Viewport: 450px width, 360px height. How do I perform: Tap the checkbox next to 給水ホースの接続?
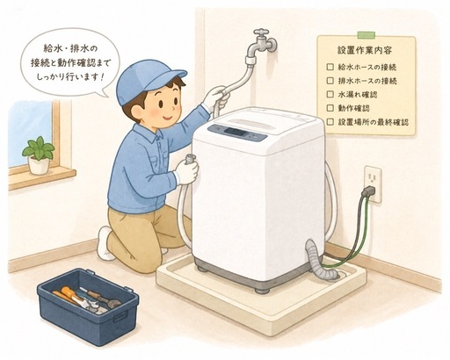(330, 67)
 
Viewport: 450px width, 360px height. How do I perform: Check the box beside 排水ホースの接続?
(330, 80)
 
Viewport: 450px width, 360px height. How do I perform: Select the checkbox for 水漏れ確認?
(330, 94)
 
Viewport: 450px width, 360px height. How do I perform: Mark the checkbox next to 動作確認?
(330, 108)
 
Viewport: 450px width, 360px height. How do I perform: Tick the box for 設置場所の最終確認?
(330, 121)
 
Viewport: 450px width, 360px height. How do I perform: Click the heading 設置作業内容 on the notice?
(365, 50)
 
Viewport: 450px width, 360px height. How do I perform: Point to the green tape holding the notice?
(366, 35)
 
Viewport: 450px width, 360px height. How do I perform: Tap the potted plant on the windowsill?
(39, 155)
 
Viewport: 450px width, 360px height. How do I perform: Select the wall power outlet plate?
(373, 184)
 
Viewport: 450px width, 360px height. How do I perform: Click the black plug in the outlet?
(369, 191)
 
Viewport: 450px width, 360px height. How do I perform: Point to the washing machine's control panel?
(237, 133)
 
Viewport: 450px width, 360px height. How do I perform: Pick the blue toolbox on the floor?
(88, 306)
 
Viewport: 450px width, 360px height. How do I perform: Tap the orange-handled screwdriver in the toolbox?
(69, 295)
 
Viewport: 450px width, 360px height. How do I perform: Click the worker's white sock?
(105, 243)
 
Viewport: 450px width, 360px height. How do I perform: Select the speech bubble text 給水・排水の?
(70, 49)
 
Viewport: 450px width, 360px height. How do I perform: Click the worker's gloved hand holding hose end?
(186, 170)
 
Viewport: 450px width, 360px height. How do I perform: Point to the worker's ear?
(138, 112)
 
